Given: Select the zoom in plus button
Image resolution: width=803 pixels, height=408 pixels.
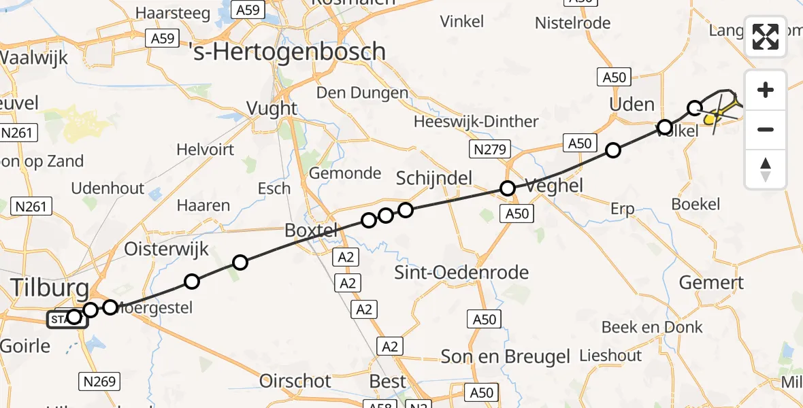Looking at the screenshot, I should pyautogui.click(x=766, y=90).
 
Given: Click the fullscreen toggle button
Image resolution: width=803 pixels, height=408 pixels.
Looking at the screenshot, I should pyautogui.click(x=766, y=37).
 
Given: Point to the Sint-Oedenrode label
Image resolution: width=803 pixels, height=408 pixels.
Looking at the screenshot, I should pyautogui.click(x=462, y=273).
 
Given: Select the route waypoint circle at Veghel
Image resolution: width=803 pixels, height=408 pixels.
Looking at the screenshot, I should pyautogui.click(x=507, y=188).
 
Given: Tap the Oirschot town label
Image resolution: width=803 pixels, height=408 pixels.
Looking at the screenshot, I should pyautogui.click(x=295, y=381).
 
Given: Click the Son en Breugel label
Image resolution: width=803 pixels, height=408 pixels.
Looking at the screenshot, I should pyautogui.click(x=505, y=356).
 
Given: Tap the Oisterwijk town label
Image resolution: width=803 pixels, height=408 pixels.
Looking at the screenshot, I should pyautogui.click(x=166, y=249).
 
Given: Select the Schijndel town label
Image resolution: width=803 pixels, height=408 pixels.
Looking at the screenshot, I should pyautogui.click(x=434, y=178).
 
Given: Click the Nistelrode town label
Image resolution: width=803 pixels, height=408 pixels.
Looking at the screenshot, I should pyautogui.click(x=572, y=23).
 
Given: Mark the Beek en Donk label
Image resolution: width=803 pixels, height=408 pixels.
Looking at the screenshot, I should pyautogui.click(x=652, y=327).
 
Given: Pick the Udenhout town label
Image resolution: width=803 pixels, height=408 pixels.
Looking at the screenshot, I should pyautogui.click(x=108, y=188).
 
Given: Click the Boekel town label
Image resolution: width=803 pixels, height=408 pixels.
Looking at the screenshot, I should pyautogui.click(x=695, y=204).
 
